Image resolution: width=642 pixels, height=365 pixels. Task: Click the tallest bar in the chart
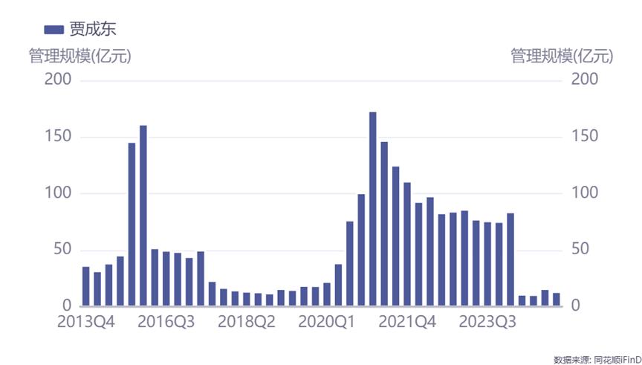(373, 209)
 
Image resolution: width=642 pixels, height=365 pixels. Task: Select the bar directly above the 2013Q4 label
(85, 286)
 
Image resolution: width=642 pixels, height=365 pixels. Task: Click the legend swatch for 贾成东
(53, 29)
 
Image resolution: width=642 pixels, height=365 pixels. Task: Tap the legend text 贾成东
(93, 29)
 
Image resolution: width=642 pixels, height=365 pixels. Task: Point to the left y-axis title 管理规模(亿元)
(80, 56)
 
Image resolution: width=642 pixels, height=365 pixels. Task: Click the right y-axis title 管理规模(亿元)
(562, 56)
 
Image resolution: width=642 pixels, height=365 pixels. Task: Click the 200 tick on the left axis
(58, 80)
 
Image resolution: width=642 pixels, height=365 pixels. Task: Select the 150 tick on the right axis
(585, 137)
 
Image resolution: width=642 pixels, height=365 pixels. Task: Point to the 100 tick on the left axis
(58, 193)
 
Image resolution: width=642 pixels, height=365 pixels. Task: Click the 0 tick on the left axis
(66, 306)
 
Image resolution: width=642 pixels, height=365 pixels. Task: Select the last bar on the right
(556, 300)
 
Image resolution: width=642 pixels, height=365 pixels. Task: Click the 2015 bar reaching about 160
(143, 216)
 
